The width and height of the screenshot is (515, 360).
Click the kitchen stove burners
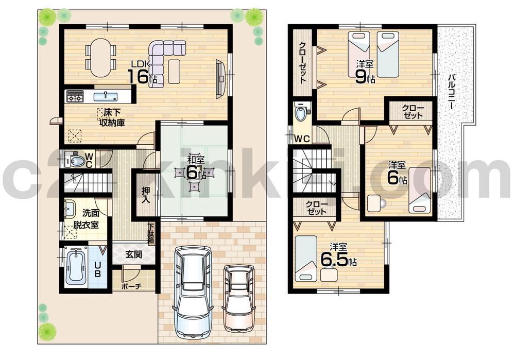pyautogui.click(x=75, y=96)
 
